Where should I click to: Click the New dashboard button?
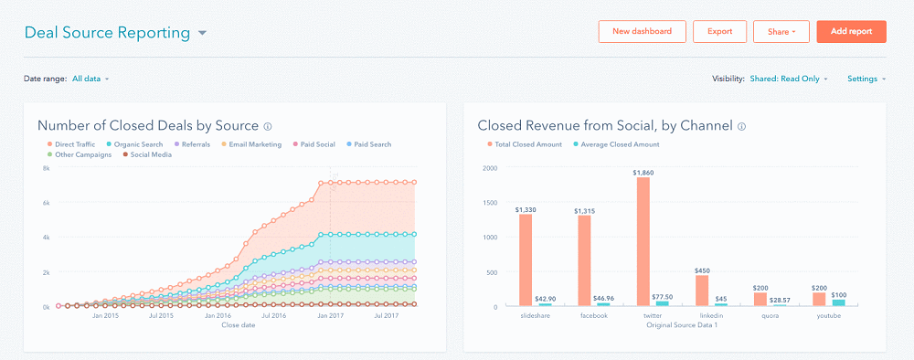click(x=642, y=31)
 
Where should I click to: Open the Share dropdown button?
click(x=781, y=31)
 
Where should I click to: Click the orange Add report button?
click(x=851, y=31)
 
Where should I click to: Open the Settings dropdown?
click(x=866, y=79)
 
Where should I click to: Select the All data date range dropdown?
click(x=90, y=79)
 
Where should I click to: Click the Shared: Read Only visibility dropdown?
click(x=789, y=79)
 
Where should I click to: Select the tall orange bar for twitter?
click(x=643, y=241)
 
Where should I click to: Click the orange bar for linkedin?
click(x=702, y=291)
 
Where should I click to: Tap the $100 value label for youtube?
click(x=839, y=294)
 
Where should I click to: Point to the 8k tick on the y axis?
click(x=46, y=168)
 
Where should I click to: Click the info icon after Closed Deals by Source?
click(x=268, y=127)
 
